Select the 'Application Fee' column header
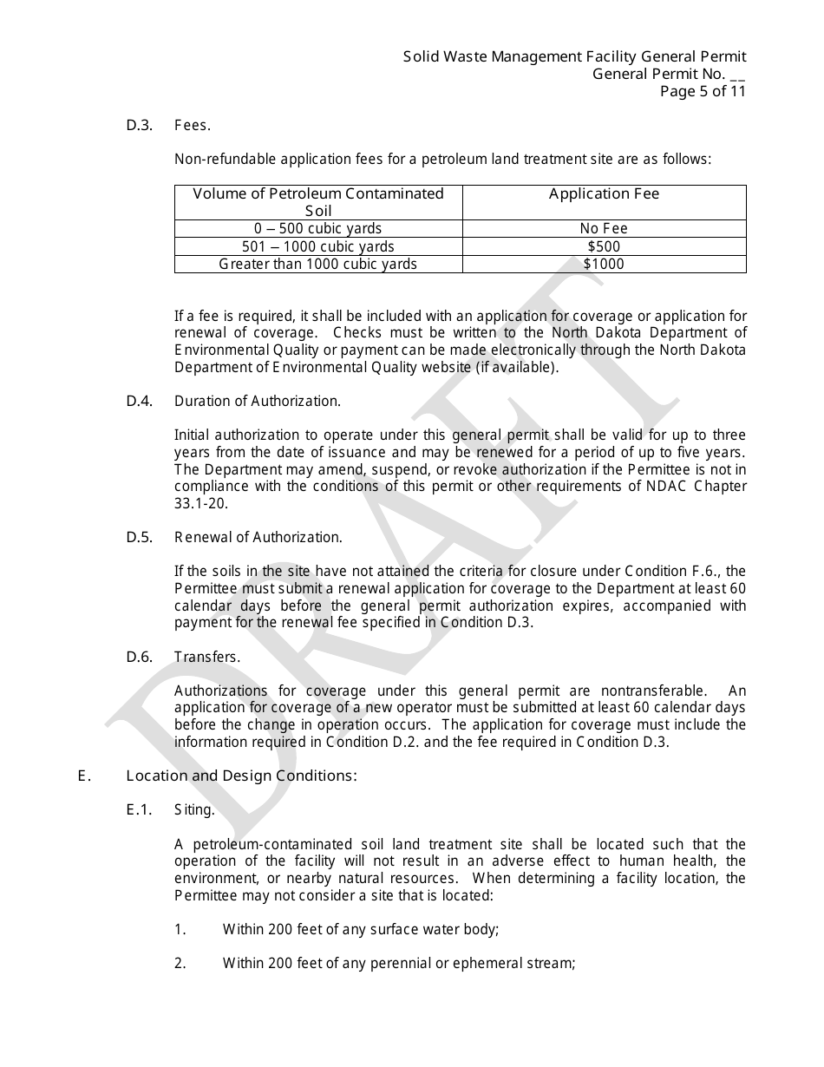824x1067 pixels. coord(604,194)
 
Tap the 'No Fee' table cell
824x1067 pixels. coord(604,229)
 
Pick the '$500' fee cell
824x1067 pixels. coord(604,247)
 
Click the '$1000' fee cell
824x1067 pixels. coord(604,264)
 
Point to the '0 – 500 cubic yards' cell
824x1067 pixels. coord(318,229)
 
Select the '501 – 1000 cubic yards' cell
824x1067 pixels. coord(318,247)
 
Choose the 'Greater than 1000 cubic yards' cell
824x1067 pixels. coord(318,264)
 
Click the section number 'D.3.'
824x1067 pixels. coord(140,125)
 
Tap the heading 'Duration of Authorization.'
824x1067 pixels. coord(258,401)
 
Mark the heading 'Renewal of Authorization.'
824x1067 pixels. coord(258,537)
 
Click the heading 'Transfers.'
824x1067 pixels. coord(207,657)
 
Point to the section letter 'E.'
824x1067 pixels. coord(84,776)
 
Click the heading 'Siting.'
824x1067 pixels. coord(194,809)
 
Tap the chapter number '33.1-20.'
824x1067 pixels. coord(200,503)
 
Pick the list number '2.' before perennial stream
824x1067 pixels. coord(180,963)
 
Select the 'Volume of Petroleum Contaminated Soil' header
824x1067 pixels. coord(318,202)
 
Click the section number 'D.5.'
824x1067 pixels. coord(140,537)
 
